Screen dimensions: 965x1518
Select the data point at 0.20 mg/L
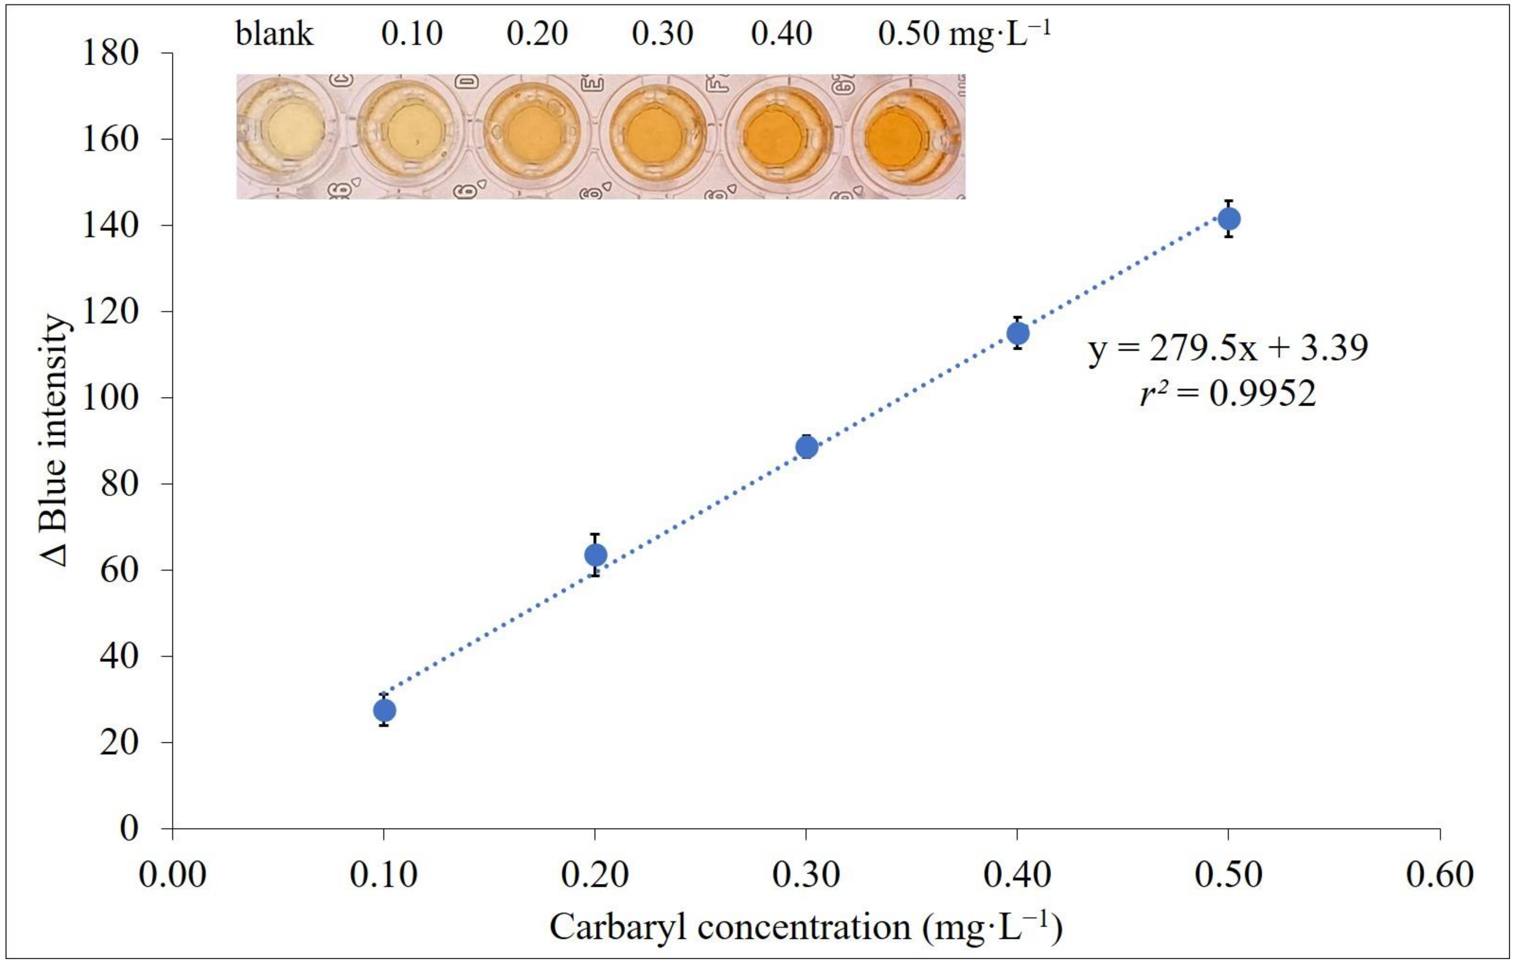pos(595,555)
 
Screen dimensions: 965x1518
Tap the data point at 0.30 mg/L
pos(806,447)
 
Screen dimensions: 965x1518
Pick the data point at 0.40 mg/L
pos(1017,333)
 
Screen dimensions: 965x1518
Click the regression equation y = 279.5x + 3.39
pos(1228,348)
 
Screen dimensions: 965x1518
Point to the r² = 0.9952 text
pos(1228,394)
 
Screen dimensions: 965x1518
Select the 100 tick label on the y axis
pos(110,398)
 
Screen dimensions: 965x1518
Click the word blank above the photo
pos(274,33)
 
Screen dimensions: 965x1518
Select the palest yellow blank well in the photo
pos(294,130)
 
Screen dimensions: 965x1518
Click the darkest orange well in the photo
pos(894,137)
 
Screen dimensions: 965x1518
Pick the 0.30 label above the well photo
pos(662,33)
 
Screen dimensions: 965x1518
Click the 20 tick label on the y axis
pos(119,742)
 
